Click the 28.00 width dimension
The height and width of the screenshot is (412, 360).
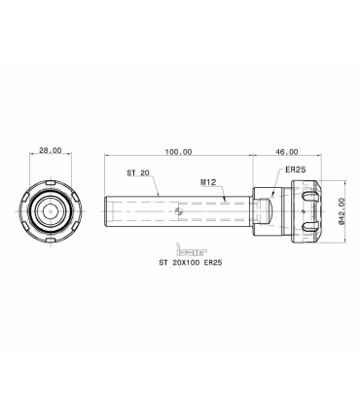(51, 150)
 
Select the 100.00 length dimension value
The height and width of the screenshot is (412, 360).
(178, 152)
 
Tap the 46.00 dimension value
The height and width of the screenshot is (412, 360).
(287, 152)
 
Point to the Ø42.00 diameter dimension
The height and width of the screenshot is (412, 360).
(341, 211)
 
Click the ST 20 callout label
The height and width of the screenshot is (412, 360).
(138, 172)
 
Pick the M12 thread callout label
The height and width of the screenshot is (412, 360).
(208, 182)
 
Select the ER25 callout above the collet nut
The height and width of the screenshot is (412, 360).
(296, 169)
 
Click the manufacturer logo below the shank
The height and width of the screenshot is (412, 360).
(192, 249)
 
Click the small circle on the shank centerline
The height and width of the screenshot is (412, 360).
(177, 211)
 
